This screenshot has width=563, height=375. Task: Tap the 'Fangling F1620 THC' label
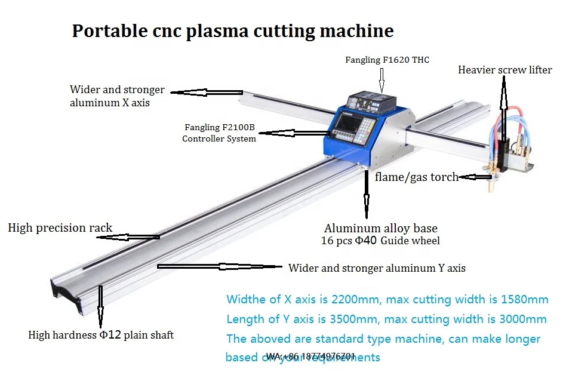point(387,60)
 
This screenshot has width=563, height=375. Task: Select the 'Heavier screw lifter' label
point(504,70)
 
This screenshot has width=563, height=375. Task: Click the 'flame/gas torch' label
point(417,177)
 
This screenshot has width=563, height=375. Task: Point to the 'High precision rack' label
point(60,228)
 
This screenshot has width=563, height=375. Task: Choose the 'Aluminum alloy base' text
point(380,228)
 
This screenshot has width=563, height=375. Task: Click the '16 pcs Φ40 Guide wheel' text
point(380,241)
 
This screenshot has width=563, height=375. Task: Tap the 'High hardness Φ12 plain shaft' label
point(101,335)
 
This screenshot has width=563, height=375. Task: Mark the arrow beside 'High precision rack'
point(128,237)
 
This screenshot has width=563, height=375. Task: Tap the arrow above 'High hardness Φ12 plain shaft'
point(100,308)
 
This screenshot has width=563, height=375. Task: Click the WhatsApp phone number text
point(311,356)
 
